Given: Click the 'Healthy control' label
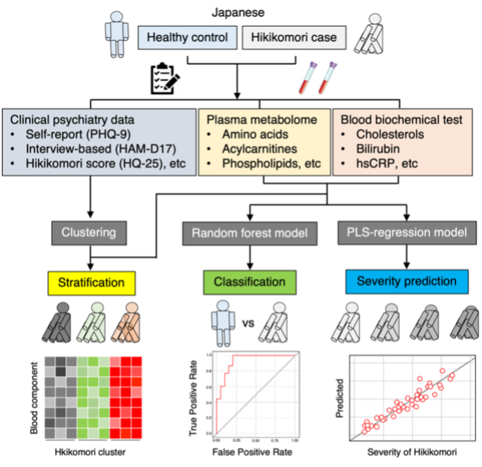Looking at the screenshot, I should (x=187, y=38).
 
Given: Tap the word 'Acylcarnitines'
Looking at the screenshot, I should (x=259, y=148).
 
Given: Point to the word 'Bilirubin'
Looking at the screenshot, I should (x=379, y=148).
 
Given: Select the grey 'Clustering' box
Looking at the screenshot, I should (x=89, y=233).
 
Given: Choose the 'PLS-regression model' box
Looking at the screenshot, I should (x=407, y=233).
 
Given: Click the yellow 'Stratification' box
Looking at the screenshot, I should (x=91, y=282).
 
